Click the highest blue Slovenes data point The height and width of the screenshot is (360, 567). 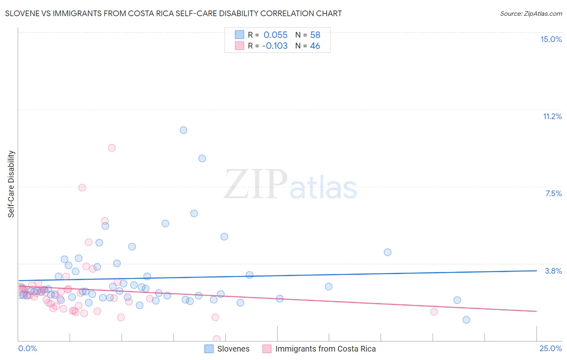[183, 130]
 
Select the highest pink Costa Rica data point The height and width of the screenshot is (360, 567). [112, 148]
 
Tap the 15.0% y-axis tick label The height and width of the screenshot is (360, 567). [551, 39]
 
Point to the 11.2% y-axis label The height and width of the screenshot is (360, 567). [552, 116]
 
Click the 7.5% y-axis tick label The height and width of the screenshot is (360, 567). [553, 193]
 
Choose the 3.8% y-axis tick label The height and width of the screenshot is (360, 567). [553, 271]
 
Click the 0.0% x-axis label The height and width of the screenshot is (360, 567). [27, 348]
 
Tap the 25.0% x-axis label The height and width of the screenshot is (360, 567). [550, 348]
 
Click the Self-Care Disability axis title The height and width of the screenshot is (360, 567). [11, 184]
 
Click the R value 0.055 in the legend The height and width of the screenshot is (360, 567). [275, 35]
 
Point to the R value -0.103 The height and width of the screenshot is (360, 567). [275, 46]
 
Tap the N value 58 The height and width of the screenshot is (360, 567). [315, 35]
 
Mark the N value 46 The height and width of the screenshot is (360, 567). [315, 46]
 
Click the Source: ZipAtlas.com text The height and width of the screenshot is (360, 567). [531, 13]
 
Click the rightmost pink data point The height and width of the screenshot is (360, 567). [434, 312]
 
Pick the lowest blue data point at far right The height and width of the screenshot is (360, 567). [466, 320]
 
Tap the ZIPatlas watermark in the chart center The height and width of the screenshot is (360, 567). [290, 185]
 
